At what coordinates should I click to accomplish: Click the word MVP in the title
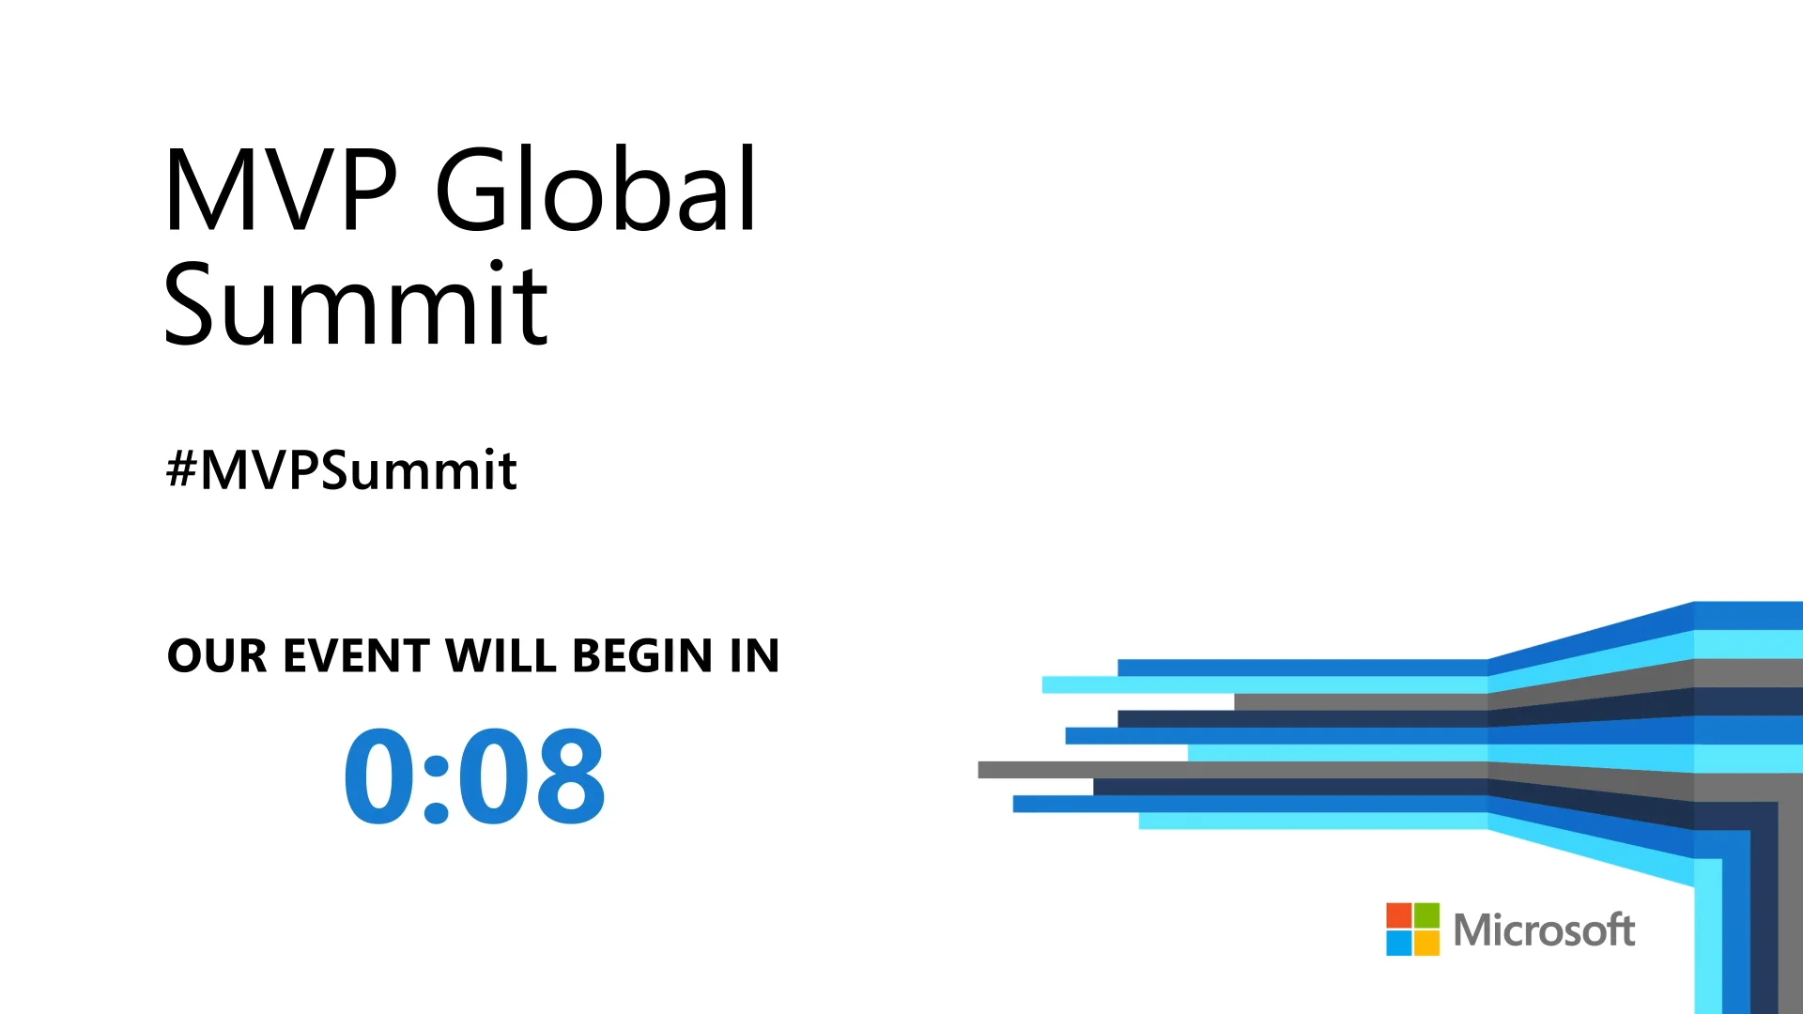pyautogui.click(x=280, y=190)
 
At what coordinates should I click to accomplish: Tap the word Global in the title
pyautogui.click(x=596, y=190)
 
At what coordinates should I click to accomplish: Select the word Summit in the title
pyautogui.click(x=355, y=305)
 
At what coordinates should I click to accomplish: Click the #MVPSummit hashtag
pyautogui.click(x=342, y=469)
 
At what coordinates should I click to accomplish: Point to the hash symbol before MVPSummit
pyautogui.click(x=181, y=469)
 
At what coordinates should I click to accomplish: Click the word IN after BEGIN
pyautogui.click(x=755, y=655)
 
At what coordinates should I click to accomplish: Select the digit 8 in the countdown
pyautogui.click(x=566, y=776)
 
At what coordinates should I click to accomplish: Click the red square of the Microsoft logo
pyautogui.click(x=1399, y=915)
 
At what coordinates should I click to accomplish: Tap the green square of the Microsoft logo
pyautogui.click(x=1426, y=915)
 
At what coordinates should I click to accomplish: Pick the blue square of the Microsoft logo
pyautogui.click(x=1399, y=943)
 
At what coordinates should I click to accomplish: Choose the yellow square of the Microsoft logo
pyautogui.click(x=1426, y=943)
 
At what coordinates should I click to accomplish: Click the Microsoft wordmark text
pyautogui.click(x=1543, y=930)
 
